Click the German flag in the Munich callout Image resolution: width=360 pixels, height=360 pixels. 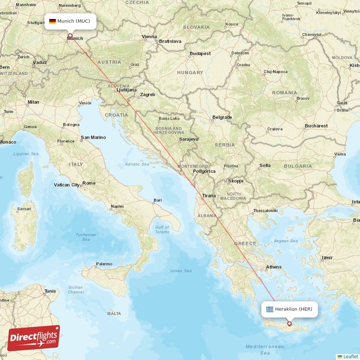(x=52, y=21)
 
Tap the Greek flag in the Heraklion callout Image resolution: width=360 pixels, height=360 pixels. (x=270, y=309)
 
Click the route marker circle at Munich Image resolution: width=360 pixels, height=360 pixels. (x=70, y=35)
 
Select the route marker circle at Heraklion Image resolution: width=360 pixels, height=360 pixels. (x=289, y=323)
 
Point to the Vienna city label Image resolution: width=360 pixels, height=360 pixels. (x=149, y=36)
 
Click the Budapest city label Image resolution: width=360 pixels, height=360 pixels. (x=200, y=54)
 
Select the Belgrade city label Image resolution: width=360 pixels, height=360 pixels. (x=222, y=117)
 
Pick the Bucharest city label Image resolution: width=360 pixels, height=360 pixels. (x=315, y=126)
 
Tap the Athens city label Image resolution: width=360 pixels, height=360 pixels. (x=273, y=267)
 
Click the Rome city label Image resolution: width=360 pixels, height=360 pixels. (x=89, y=183)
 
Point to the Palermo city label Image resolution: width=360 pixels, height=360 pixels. (x=104, y=264)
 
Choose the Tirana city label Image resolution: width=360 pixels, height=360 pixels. (x=209, y=196)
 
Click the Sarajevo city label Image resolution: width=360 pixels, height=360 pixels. (x=188, y=139)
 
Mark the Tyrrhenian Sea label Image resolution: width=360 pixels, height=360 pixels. (x=85, y=237)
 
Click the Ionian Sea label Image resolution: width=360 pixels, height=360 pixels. (x=181, y=270)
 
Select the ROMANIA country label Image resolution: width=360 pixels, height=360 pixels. (x=284, y=92)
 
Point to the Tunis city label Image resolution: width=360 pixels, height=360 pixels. (x=50, y=291)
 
